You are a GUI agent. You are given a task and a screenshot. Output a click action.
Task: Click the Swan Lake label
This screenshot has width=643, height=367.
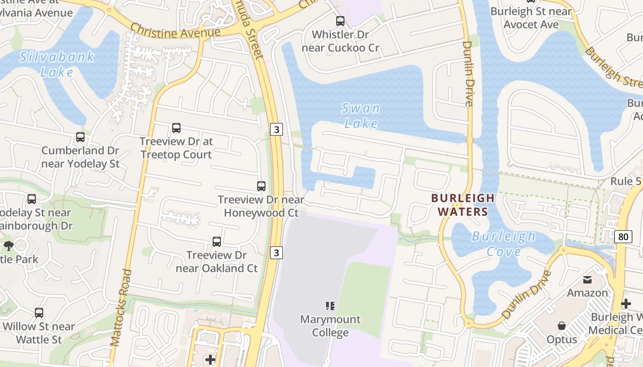[x=361, y=116]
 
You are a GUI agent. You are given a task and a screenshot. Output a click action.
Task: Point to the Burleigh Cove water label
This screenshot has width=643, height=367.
[x=504, y=244]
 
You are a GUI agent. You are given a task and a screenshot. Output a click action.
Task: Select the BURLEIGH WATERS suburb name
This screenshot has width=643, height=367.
[x=463, y=205]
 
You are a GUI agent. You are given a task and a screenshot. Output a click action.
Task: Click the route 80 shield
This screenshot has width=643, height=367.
[x=622, y=237]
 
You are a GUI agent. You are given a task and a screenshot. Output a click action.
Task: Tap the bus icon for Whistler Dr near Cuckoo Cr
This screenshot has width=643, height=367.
[x=340, y=21]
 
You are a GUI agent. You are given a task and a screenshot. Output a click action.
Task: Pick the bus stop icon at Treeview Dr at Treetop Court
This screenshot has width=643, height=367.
[x=176, y=128]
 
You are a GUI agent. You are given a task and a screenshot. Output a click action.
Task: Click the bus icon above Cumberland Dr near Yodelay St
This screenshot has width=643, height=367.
[x=80, y=137]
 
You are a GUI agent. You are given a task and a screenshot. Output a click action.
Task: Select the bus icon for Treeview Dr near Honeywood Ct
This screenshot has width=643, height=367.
[x=261, y=186]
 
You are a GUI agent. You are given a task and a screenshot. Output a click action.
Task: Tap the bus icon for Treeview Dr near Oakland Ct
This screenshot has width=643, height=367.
[x=216, y=242]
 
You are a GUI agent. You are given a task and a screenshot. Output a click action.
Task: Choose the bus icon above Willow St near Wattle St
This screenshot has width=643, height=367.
[x=39, y=313]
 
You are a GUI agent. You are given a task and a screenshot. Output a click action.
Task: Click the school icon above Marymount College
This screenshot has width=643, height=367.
[x=330, y=306]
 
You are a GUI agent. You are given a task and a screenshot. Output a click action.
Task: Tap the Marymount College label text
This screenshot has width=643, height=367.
[x=330, y=326]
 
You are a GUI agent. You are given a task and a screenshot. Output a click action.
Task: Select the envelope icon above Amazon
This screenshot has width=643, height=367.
[x=587, y=280]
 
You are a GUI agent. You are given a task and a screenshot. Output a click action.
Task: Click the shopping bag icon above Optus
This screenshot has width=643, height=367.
[x=561, y=326]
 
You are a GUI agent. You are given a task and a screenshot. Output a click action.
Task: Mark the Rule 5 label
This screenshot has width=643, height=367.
[x=625, y=181]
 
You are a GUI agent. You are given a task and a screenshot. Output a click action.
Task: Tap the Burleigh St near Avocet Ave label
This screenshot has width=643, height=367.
[x=531, y=17]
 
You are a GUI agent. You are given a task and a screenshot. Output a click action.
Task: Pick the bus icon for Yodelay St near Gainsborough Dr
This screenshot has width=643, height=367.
[x=31, y=199]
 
